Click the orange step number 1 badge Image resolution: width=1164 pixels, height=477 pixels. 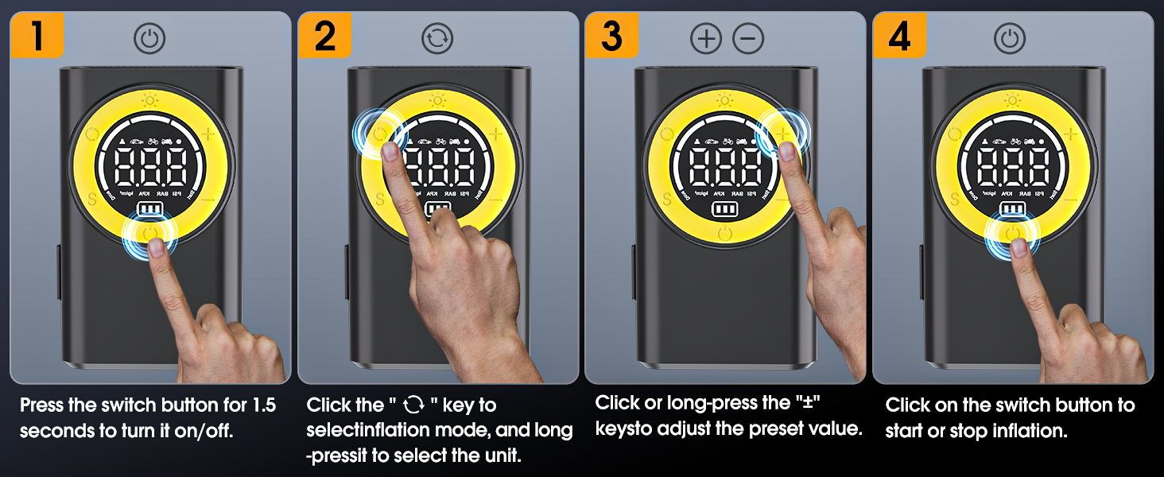37,37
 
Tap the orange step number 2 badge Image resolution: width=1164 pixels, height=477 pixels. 324,37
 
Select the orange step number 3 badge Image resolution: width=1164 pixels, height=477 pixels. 612,37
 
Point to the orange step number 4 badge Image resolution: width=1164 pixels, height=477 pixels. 900,37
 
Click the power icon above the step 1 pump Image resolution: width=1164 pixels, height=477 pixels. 149,39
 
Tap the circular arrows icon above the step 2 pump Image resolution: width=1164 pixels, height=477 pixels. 436,39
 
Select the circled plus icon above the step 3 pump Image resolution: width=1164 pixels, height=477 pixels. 706,39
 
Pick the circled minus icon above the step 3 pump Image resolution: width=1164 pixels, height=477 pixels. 748,39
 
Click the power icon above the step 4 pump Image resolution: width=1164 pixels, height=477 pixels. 1010,39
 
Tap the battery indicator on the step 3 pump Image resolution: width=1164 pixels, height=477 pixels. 724,208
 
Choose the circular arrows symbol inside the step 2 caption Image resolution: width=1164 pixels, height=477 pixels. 413,405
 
